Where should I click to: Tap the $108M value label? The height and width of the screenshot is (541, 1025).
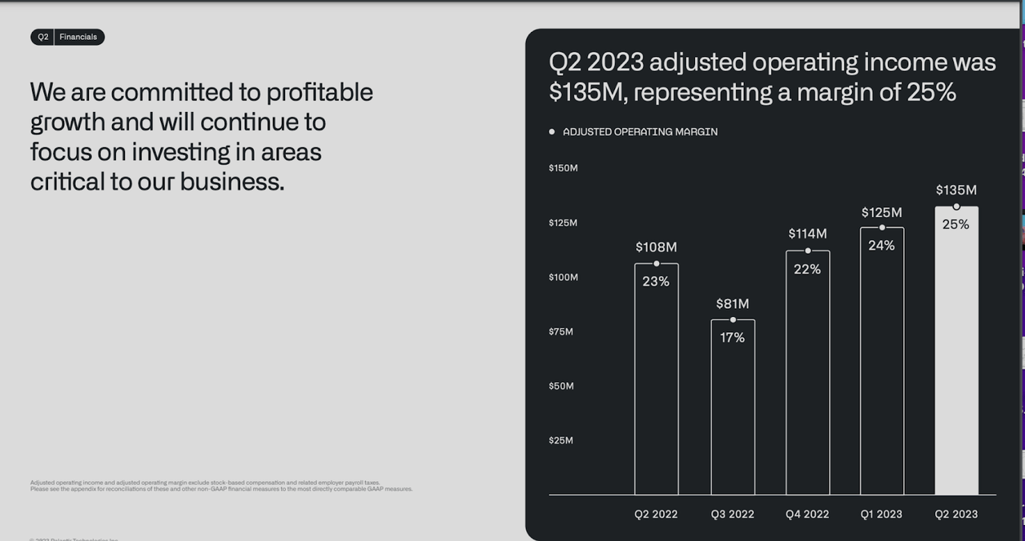[x=656, y=247]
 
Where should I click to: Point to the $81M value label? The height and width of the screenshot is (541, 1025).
[x=732, y=304]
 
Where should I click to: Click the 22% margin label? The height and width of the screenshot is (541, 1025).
[x=807, y=270]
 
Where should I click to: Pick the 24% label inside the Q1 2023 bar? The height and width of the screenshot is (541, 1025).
[x=881, y=246]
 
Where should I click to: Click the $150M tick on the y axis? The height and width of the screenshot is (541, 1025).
[x=563, y=168]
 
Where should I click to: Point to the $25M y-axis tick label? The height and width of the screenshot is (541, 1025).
[x=561, y=440]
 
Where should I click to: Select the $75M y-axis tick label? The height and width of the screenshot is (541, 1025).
[x=561, y=331]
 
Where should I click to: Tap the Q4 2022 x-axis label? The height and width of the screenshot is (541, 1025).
[x=807, y=515]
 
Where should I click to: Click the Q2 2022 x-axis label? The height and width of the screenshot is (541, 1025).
[x=656, y=515]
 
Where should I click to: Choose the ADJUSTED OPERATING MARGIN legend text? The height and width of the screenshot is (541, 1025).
[x=640, y=132]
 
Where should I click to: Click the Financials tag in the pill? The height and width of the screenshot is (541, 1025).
[x=78, y=37]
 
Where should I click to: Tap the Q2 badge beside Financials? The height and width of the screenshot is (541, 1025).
[x=43, y=37]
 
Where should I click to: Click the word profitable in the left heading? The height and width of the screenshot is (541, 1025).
[x=320, y=92]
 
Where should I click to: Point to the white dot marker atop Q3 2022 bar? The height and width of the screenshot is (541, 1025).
[x=733, y=320]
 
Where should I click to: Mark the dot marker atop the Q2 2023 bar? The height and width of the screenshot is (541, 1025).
[x=956, y=206]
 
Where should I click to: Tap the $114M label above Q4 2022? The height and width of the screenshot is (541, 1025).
[x=807, y=234]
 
